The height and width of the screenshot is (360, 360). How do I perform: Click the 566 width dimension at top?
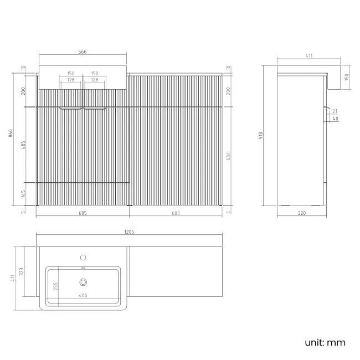[x=83, y=52]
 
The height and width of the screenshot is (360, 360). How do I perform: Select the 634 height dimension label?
[x=229, y=157]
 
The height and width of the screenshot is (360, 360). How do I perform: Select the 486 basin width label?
[x=84, y=296]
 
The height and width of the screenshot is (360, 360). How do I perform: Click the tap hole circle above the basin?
[x=84, y=257]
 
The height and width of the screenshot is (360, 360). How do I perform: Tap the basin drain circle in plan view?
[x=84, y=281]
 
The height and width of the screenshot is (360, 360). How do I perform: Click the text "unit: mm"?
[x=325, y=342]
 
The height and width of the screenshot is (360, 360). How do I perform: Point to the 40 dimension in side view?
[x=336, y=119]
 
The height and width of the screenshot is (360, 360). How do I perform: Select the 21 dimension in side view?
[x=336, y=112]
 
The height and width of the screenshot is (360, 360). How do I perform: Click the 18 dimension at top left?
[x=23, y=68]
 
